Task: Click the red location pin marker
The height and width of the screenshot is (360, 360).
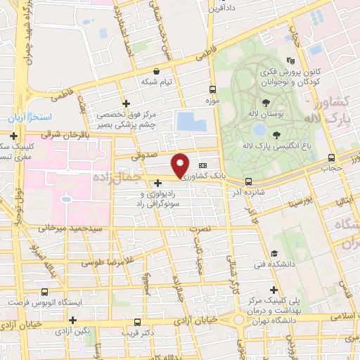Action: [181, 165]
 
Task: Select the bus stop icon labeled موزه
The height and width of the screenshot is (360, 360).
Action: [212, 89]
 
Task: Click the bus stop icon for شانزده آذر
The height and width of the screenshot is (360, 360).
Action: [248, 181]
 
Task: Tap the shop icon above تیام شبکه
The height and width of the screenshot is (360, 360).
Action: [156, 71]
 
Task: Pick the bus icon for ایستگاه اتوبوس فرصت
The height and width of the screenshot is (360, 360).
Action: [45, 291]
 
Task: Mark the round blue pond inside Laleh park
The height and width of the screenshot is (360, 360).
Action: [259, 129]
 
